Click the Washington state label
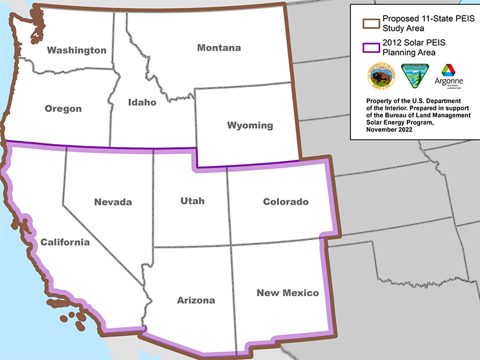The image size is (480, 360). [77, 50]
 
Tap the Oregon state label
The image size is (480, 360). [63, 109]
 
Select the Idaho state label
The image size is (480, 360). [142, 102]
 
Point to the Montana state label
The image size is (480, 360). [219, 48]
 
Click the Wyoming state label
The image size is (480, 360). [250, 125]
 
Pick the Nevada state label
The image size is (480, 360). [113, 202]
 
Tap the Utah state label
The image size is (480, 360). [192, 201]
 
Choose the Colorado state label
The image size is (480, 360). [285, 201]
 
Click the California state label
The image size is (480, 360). [65, 242]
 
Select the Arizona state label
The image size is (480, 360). [196, 300]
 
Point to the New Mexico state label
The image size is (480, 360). [288, 293]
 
